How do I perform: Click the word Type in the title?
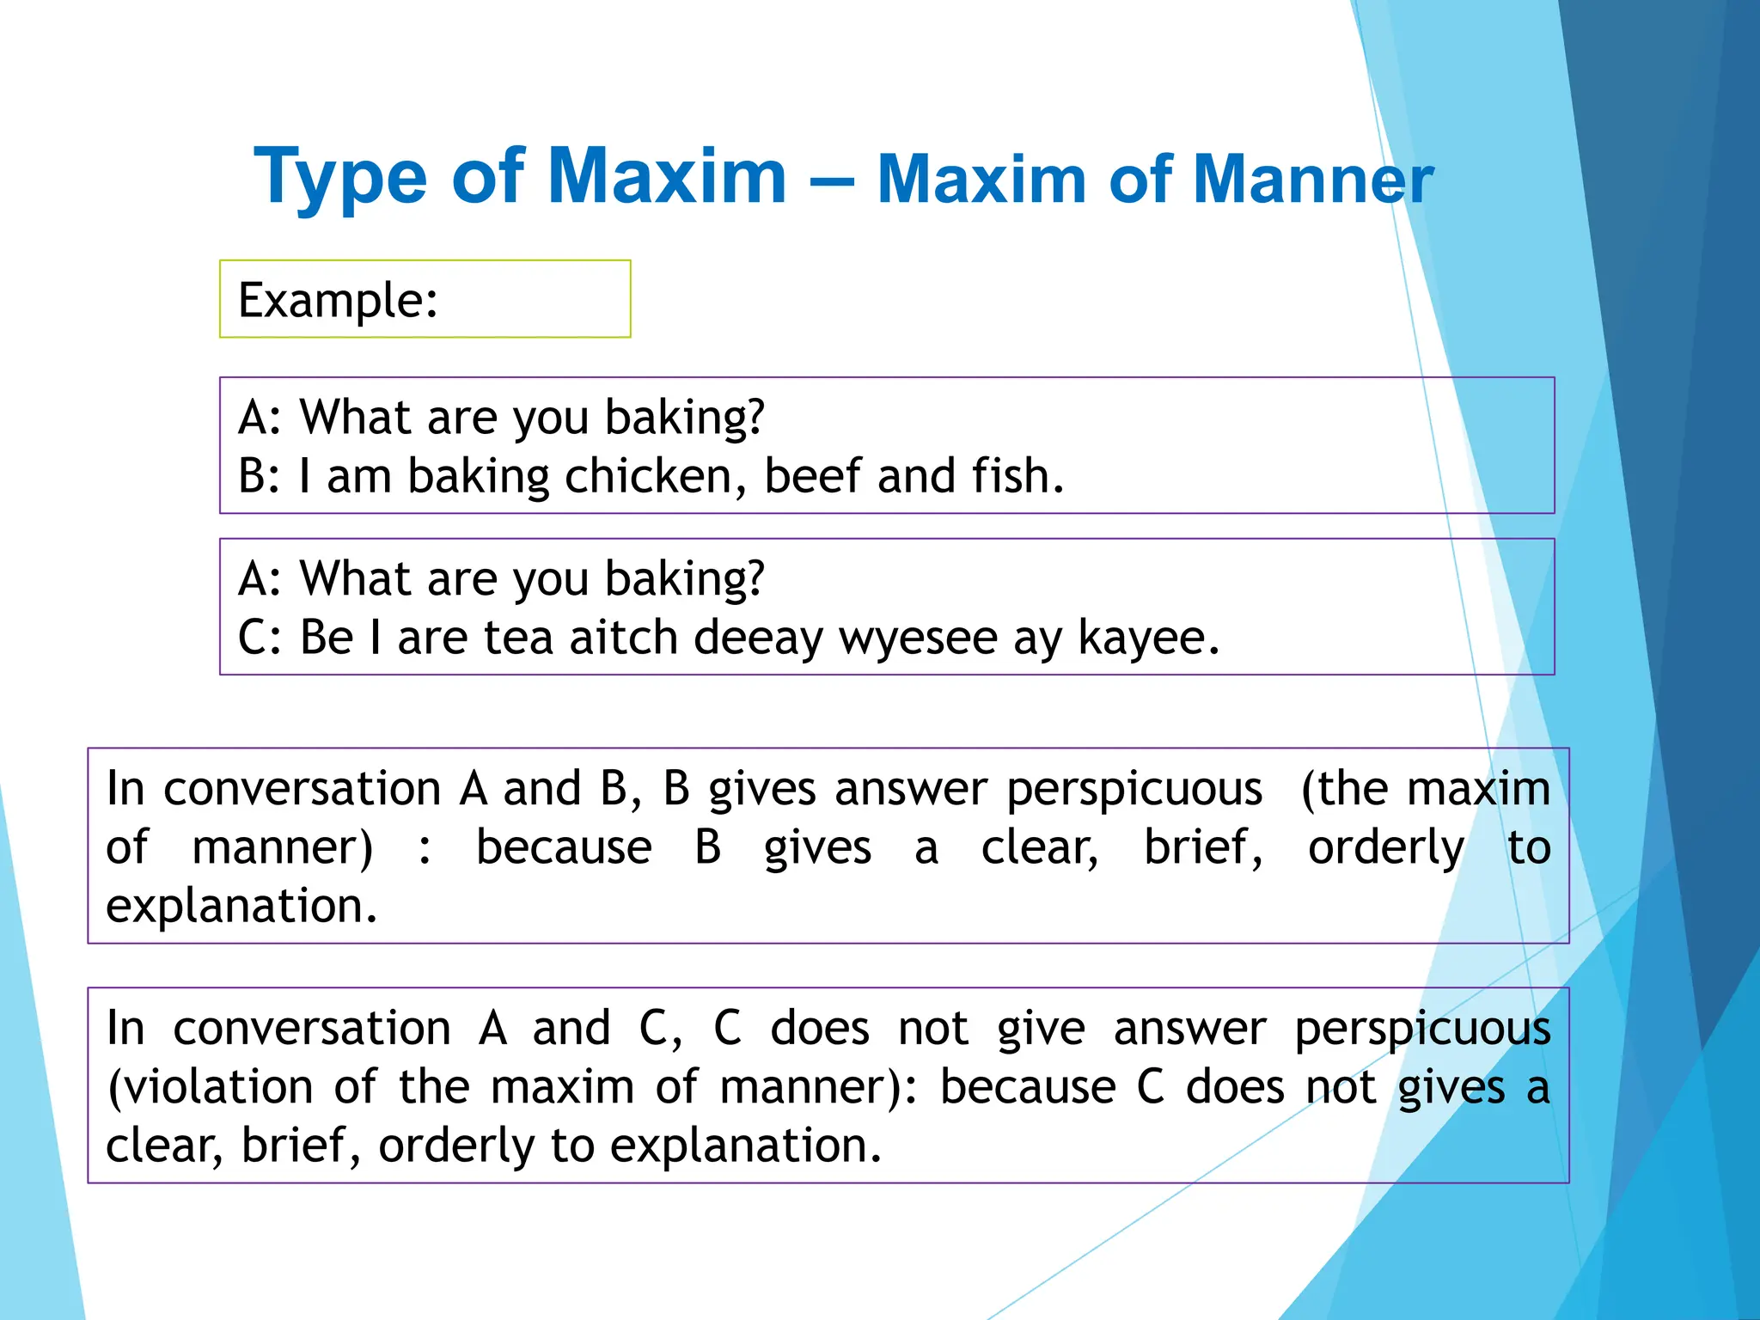[340, 177]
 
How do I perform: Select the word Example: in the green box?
[338, 300]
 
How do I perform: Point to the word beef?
[812, 476]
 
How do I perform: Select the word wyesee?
[916, 639]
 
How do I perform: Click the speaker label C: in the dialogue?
[258, 638]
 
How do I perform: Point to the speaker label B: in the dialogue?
[259, 476]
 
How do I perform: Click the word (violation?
[210, 1087]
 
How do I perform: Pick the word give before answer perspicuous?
[1041, 1029]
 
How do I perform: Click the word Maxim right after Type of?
[667, 177]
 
